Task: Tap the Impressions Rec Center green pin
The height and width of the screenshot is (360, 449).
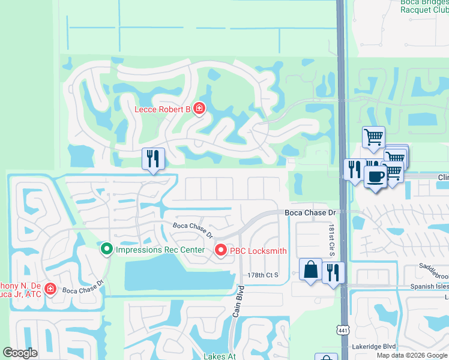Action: (x=107, y=248)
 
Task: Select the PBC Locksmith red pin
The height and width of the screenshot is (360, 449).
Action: (x=220, y=251)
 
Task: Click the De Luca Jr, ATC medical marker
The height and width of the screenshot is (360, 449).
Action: (x=50, y=290)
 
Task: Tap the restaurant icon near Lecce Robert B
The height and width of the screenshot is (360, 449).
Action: (x=153, y=159)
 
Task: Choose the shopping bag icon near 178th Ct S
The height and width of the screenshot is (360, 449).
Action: (x=310, y=270)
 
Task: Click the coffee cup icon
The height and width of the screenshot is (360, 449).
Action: (x=376, y=178)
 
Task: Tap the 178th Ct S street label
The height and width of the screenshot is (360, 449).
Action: (x=264, y=275)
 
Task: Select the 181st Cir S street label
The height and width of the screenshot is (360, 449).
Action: (x=331, y=240)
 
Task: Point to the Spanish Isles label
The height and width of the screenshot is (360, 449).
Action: (x=427, y=286)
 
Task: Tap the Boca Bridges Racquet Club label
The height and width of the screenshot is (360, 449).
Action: (x=423, y=5)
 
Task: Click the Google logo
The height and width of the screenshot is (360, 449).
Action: (x=20, y=353)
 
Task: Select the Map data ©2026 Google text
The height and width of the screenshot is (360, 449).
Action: (x=412, y=355)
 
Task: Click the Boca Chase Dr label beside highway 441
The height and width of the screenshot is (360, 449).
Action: (x=310, y=213)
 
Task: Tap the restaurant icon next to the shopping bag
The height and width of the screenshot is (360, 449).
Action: (x=333, y=272)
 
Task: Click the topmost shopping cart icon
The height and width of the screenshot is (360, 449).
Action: (x=373, y=137)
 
